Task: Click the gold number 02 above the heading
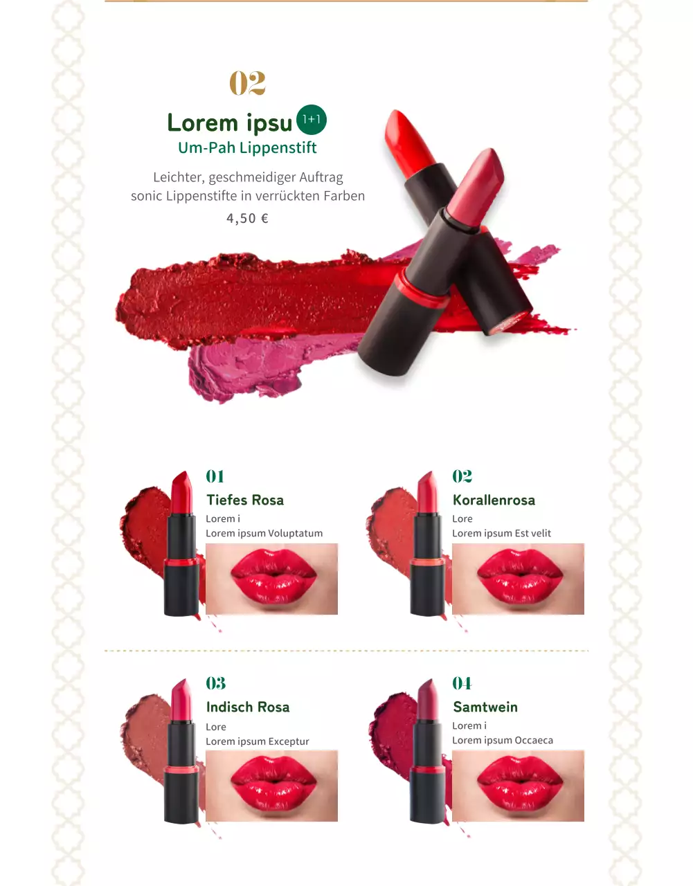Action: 247,83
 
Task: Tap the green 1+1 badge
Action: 312,120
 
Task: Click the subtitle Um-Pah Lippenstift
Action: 247,147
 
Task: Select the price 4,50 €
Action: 247,218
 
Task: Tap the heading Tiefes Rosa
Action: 245,500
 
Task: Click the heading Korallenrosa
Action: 494,500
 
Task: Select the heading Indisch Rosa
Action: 248,707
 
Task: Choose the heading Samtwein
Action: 485,707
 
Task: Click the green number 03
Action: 215,683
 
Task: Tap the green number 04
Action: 462,683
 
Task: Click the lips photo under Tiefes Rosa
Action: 271,579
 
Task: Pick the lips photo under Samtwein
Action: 518,786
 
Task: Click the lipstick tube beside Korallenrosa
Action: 427,544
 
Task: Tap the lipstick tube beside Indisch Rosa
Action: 181,751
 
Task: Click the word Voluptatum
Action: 296,533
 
